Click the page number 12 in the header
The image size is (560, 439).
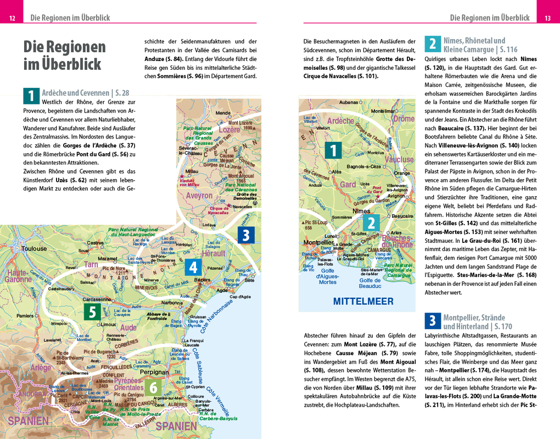[x=12, y=18]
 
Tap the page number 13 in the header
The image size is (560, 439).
[x=547, y=18]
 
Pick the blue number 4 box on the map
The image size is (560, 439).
[x=193, y=267]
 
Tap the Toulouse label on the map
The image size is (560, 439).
[x=34, y=249]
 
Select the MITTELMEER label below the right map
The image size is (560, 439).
[x=363, y=301]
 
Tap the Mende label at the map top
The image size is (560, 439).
[x=223, y=113]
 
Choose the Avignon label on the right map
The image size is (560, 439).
[x=396, y=196]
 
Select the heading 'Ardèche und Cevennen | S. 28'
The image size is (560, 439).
[x=85, y=93]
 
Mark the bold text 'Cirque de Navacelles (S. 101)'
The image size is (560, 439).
[x=340, y=76]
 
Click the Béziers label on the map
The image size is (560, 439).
[x=203, y=280]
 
